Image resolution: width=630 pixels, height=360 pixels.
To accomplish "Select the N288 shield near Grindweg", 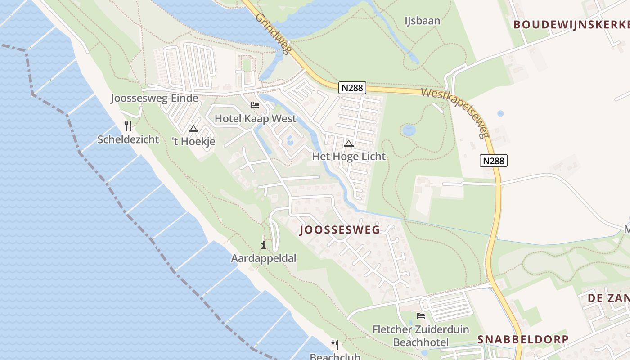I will (352, 88).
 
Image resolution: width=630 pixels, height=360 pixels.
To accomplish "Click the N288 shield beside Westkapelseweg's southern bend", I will (493, 161).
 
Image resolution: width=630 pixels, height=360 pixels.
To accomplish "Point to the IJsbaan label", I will (422, 21).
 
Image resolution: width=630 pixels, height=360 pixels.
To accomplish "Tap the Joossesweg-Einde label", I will (154, 99).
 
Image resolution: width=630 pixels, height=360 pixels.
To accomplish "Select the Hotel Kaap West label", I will (256, 119).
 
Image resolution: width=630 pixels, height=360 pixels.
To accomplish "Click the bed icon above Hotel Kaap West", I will (255, 105).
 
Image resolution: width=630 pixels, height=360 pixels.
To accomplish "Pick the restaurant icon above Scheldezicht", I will (128, 126).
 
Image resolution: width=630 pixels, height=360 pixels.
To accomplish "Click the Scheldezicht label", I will (128, 139).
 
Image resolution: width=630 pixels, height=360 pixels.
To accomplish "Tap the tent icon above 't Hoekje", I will (193, 129).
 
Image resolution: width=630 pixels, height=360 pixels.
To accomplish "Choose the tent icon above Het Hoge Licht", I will (348, 144).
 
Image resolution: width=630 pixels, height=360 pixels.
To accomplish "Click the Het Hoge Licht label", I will (349, 157).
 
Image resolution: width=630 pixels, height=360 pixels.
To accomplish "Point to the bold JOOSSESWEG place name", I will (340, 230).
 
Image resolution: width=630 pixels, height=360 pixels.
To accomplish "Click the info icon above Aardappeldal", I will (263, 245).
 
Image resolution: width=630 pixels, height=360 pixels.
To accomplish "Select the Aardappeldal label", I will (264, 258).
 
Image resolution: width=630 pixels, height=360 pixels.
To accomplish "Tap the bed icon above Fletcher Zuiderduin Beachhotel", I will (421, 316).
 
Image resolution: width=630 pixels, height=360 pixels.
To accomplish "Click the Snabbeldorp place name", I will (523, 339).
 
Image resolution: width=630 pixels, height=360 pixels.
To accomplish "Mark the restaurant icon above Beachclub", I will (334, 345).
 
